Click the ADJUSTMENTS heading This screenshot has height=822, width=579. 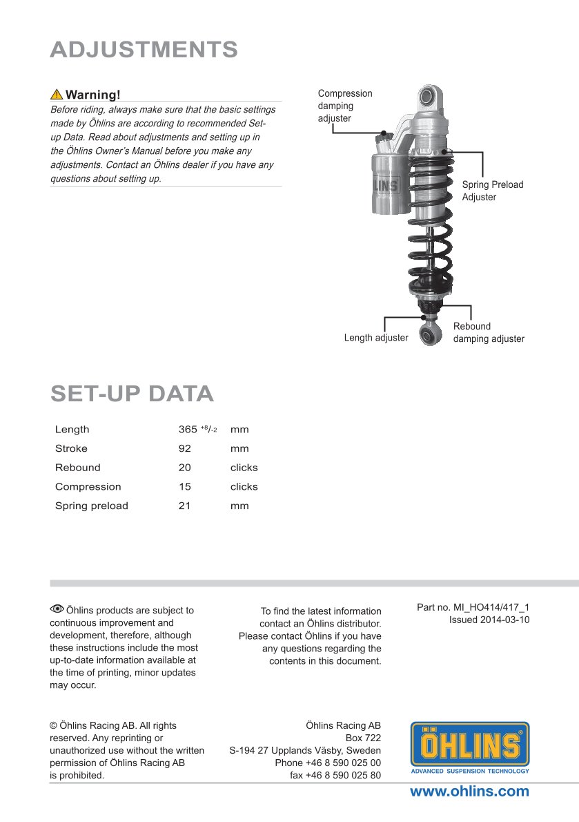[x=144, y=50]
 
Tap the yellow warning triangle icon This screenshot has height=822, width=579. [x=57, y=95]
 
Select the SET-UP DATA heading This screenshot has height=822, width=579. [x=132, y=393]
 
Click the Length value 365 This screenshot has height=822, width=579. [x=188, y=430]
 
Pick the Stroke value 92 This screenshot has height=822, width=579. [x=185, y=448]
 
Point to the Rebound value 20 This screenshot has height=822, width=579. [x=185, y=468]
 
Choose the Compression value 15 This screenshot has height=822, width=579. [x=185, y=486]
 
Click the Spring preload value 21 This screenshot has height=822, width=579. [x=185, y=506]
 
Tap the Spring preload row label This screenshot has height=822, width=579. [x=92, y=506]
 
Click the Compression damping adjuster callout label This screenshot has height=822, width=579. [x=344, y=106]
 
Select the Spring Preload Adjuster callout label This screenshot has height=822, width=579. [x=492, y=191]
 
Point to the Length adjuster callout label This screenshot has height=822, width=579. [x=376, y=338]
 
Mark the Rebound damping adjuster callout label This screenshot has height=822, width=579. [x=488, y=332]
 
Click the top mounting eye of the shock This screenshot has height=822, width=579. [x=429, y=95]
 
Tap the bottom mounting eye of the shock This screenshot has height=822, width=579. [x=430, y=334]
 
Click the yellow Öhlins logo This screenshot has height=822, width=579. [x=470, y=745]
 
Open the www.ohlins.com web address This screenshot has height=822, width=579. [x=469, y=792]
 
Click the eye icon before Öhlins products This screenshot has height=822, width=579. [x=57, y=609]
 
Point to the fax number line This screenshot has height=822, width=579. [x=335, y=775]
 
